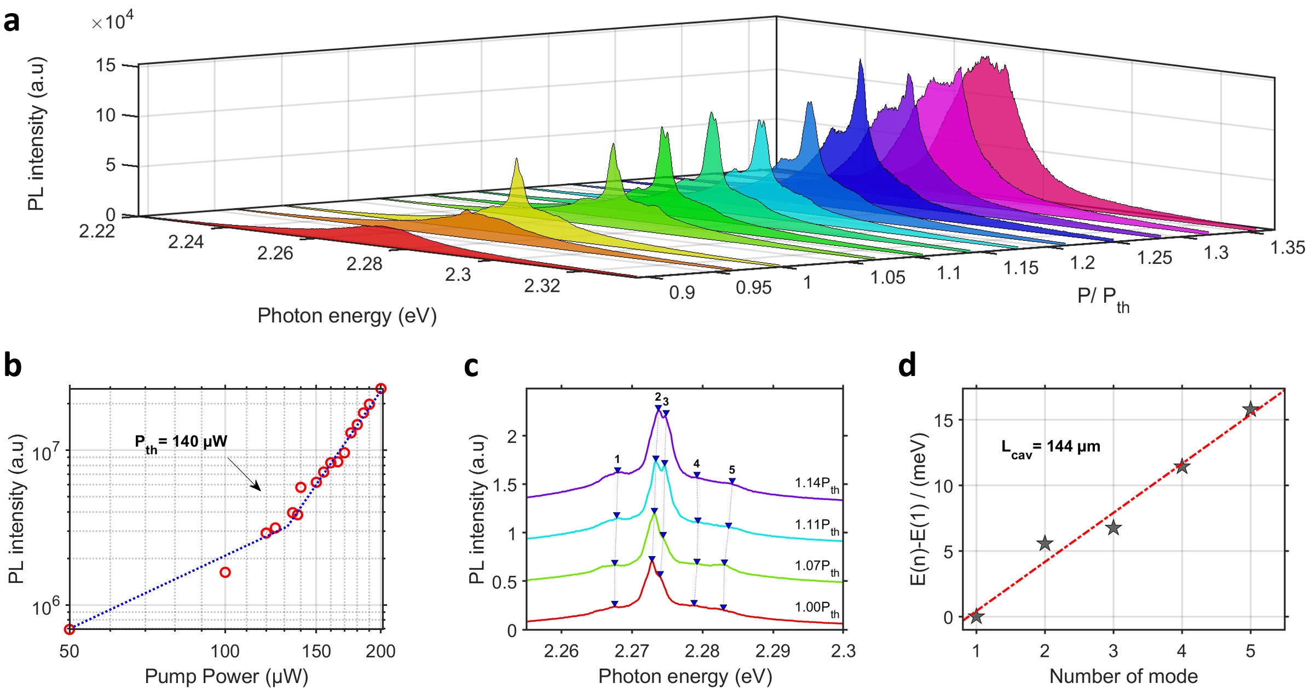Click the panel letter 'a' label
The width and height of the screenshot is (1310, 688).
(11, 22)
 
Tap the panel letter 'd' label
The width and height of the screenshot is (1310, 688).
(907, 366)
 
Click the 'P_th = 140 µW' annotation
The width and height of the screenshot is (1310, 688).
(181, 442)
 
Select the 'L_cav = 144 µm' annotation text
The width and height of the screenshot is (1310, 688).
(1050, 448)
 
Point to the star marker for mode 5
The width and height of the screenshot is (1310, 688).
(1250, 409)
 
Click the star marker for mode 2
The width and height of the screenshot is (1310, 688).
(1044, 544)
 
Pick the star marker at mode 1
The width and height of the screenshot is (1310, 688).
(976, 617)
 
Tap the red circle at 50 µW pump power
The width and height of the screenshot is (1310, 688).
(70, 629)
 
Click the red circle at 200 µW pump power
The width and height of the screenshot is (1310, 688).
(381, 389)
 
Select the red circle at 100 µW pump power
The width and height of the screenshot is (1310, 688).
(225, 573)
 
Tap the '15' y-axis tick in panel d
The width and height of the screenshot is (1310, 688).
(944, 420)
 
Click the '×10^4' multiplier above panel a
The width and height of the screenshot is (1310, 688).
(112, 22)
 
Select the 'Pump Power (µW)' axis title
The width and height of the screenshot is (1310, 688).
(226, 677)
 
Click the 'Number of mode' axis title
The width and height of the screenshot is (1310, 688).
(1123, 677)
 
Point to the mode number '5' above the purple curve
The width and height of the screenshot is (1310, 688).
(732, 470)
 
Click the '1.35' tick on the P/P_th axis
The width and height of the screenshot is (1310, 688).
(1287, 248)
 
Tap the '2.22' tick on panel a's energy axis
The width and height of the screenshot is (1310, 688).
(97, 232)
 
